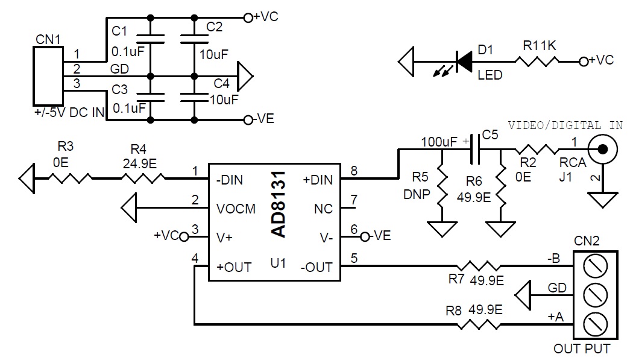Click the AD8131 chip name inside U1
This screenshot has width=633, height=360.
point(278,204)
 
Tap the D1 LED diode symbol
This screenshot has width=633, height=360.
point(464,62)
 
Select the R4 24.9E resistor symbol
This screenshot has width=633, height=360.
point(143,178)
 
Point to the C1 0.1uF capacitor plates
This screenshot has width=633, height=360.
point(151,39)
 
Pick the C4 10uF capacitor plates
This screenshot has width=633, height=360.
point(194,97)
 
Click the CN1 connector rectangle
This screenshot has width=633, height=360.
point(48,76)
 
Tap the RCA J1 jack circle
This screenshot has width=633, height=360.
point(602,150)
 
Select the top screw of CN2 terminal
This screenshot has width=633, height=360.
point(596,267)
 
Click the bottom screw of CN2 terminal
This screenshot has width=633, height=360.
point(596,324)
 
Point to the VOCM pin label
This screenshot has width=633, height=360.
point(236,209)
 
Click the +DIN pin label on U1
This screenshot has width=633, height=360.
point(318,180)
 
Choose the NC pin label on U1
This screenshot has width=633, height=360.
point(323,209)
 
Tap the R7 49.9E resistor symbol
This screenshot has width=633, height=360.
point(479,267)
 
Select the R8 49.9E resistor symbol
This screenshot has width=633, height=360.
point(479,324)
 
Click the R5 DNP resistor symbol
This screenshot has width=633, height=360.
point(442,186)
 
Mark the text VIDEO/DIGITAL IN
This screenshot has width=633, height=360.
point(565,125)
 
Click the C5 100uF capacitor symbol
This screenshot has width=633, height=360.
point(475,150)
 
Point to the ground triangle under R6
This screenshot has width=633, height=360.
point(500,229)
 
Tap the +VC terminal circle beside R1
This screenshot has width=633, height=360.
point(584,62)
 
